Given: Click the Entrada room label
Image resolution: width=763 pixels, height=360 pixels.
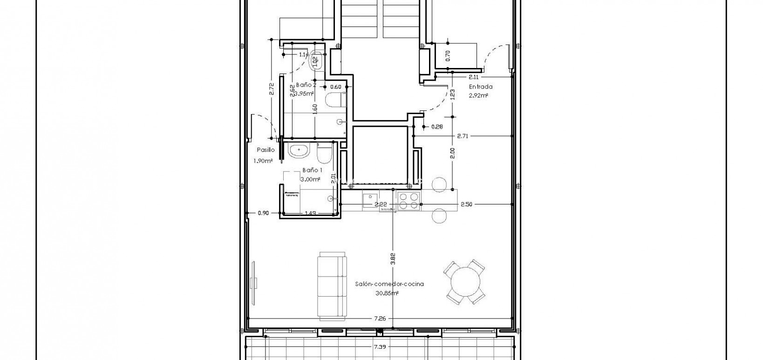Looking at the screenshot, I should pos(480,87).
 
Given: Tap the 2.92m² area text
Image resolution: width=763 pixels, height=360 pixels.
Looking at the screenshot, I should pos(478,95).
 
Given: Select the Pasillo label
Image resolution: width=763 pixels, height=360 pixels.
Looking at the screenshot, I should pos(265,150).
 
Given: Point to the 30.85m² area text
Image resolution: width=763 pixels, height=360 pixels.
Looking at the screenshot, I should pos(387,293).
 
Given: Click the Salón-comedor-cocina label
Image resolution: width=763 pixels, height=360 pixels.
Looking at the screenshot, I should pos(389,284).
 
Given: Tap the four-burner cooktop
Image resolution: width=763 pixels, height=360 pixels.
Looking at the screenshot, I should pos(409,201).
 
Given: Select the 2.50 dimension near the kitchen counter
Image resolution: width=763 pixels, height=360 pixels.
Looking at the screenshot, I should pos(467,204).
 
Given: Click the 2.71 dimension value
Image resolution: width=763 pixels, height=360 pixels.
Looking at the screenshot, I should pos(462,136).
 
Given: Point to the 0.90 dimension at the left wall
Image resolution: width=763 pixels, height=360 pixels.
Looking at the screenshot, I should pos(263,213).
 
